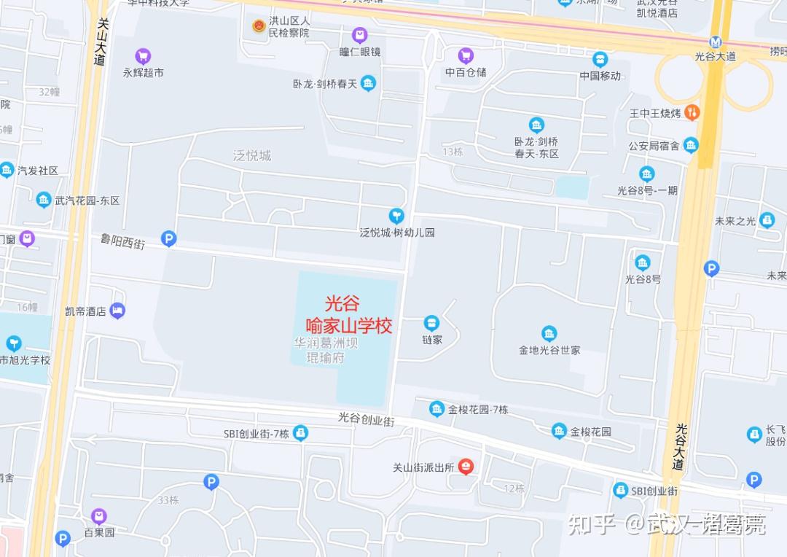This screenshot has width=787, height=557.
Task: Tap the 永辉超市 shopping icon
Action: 143,55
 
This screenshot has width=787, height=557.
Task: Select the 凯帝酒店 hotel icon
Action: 118,311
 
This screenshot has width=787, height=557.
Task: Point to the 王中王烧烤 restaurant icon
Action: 692,112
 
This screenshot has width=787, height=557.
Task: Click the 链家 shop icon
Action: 432,322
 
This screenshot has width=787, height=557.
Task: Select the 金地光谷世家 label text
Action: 549,350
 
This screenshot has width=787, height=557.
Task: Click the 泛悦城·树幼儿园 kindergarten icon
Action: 396,215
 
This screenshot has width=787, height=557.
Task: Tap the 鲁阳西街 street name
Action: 122,241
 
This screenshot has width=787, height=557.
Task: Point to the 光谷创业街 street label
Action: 366,419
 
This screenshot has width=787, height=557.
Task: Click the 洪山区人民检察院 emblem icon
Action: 259,26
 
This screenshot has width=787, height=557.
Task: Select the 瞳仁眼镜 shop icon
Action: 359,34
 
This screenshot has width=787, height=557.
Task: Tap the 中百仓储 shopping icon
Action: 466,55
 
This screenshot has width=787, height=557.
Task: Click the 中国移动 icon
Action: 600,59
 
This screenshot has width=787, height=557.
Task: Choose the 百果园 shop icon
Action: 99,516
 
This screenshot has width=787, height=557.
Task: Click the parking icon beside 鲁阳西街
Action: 169,238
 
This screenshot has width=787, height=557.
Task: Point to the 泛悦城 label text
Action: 252,155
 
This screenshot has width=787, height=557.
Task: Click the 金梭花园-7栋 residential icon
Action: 436,409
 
